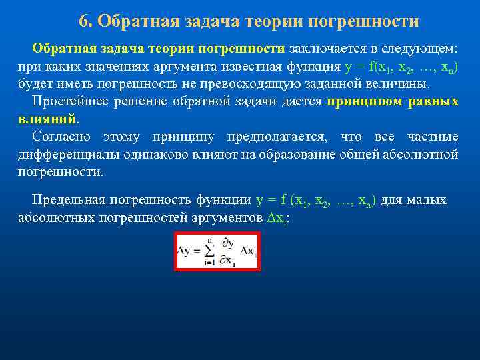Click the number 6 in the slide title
pyautogui.click(x=83, y=21)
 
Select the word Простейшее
pyautogui.click(x=67, y=102)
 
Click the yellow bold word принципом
pyautogui.click(x=364, y=102)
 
